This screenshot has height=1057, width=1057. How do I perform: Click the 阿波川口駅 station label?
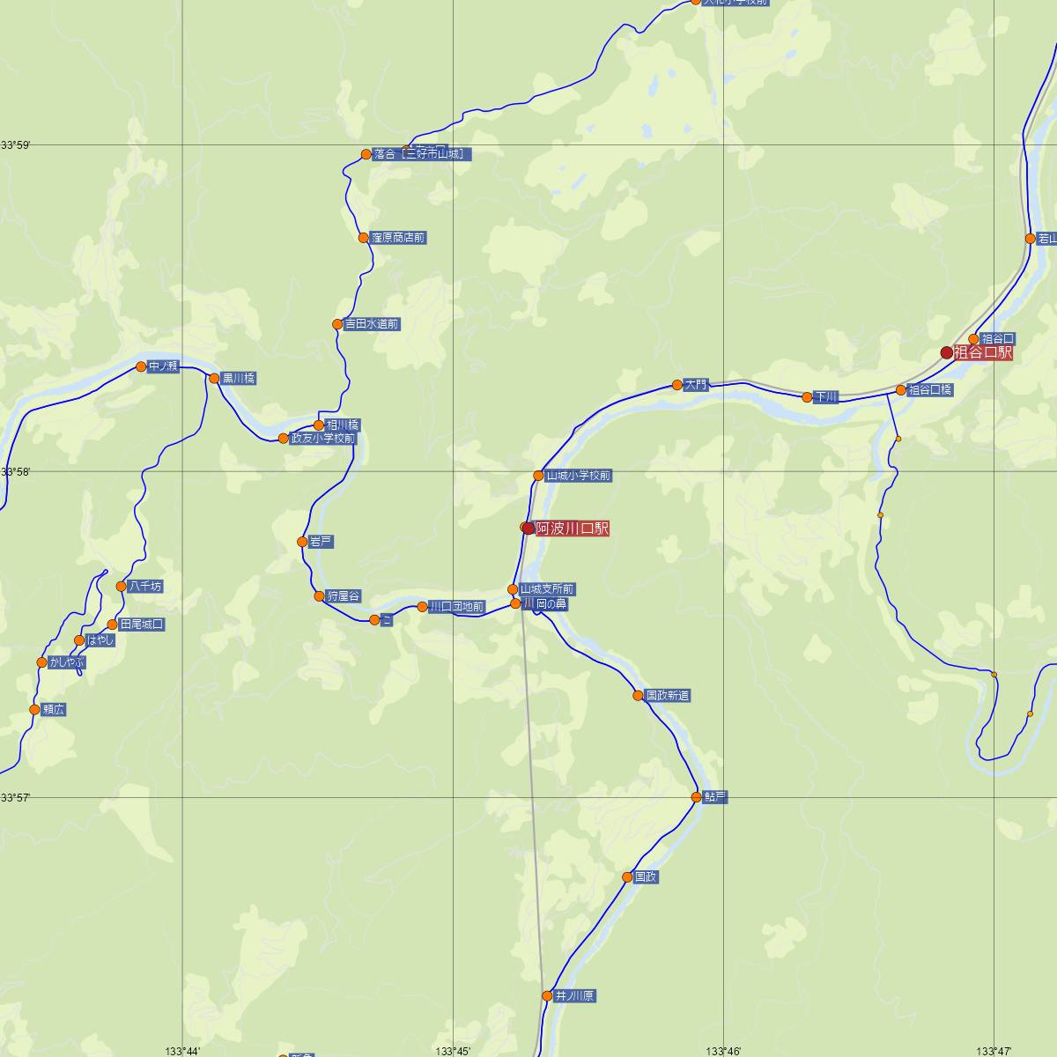pos(572,528)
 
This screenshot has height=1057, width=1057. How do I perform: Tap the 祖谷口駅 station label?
pos(982,352)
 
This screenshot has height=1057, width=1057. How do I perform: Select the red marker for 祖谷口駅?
pos(947,352)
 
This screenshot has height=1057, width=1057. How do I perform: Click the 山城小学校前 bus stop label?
pos(578,476)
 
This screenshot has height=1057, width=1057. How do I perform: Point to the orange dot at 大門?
pos(676,384)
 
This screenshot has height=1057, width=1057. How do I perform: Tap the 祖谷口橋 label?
pos(929,390)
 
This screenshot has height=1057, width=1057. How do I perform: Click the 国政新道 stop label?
pos(667,696)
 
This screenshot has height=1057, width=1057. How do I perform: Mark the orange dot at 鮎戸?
pos(696,797)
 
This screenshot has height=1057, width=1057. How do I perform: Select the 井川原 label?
pos(574,996)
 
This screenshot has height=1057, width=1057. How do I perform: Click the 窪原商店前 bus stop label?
pos(398,238)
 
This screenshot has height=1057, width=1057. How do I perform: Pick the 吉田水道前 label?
pos(371,324)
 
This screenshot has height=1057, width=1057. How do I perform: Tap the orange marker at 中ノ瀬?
pos(141,366)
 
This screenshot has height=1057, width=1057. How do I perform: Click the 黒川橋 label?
pos(238,379)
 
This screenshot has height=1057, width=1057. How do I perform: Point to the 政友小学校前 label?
pos(322,439)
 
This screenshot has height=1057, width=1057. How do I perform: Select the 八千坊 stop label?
pos(145,587)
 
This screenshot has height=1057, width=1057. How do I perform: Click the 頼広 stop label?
pos(54,710)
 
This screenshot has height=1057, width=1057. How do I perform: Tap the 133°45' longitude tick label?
pos(453,1050)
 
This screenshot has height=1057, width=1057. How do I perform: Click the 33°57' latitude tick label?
pos(16,798)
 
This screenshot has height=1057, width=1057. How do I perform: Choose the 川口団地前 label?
pos(455,607)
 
